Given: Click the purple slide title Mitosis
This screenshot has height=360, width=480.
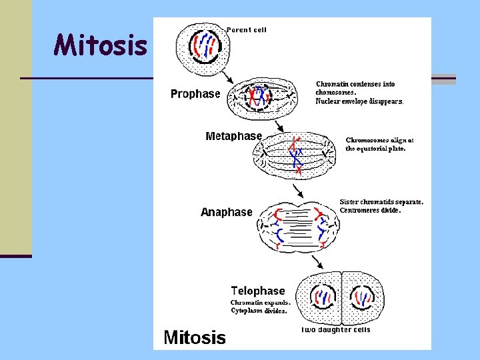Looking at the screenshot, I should pyautogui.click(x=101, y=46).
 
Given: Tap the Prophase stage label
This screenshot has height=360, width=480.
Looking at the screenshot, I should pyautogui.click(x=195, y=94).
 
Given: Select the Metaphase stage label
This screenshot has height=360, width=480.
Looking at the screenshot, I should pyautogui.click(x=233, y=136).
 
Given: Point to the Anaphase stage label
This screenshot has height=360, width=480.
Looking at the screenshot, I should pyautogui.click(x=227, y=212).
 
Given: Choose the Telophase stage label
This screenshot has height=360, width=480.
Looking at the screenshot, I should pyautogui.click(x=257, y=291).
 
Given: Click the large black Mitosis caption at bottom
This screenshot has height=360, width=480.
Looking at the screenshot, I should pyautogui.click(x=195, y=337).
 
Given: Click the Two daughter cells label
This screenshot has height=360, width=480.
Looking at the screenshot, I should pyautogui.click(x=335, y=329).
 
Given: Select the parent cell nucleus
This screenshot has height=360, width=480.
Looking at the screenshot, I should pyautogui.click(x=204, y=46).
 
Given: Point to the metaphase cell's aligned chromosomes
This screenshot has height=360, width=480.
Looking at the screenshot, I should pyautogui.click(x=295, y=155).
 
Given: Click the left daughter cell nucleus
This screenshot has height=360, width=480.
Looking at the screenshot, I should pyautogui.click(x=325, y=297).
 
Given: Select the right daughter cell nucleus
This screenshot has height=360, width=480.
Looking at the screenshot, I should pyautogui.click(x=362, y=297).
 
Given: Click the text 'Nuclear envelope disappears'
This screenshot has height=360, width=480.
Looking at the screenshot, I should pyautogui.click(x=359, y=102).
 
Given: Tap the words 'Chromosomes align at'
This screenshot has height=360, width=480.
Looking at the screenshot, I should pyautogui.click(x=379, y=141).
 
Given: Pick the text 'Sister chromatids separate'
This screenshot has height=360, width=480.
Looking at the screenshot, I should pyautogui.click(x=381, y=202).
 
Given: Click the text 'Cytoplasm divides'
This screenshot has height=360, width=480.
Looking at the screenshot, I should pyautogui.click(x=259, y=311).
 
